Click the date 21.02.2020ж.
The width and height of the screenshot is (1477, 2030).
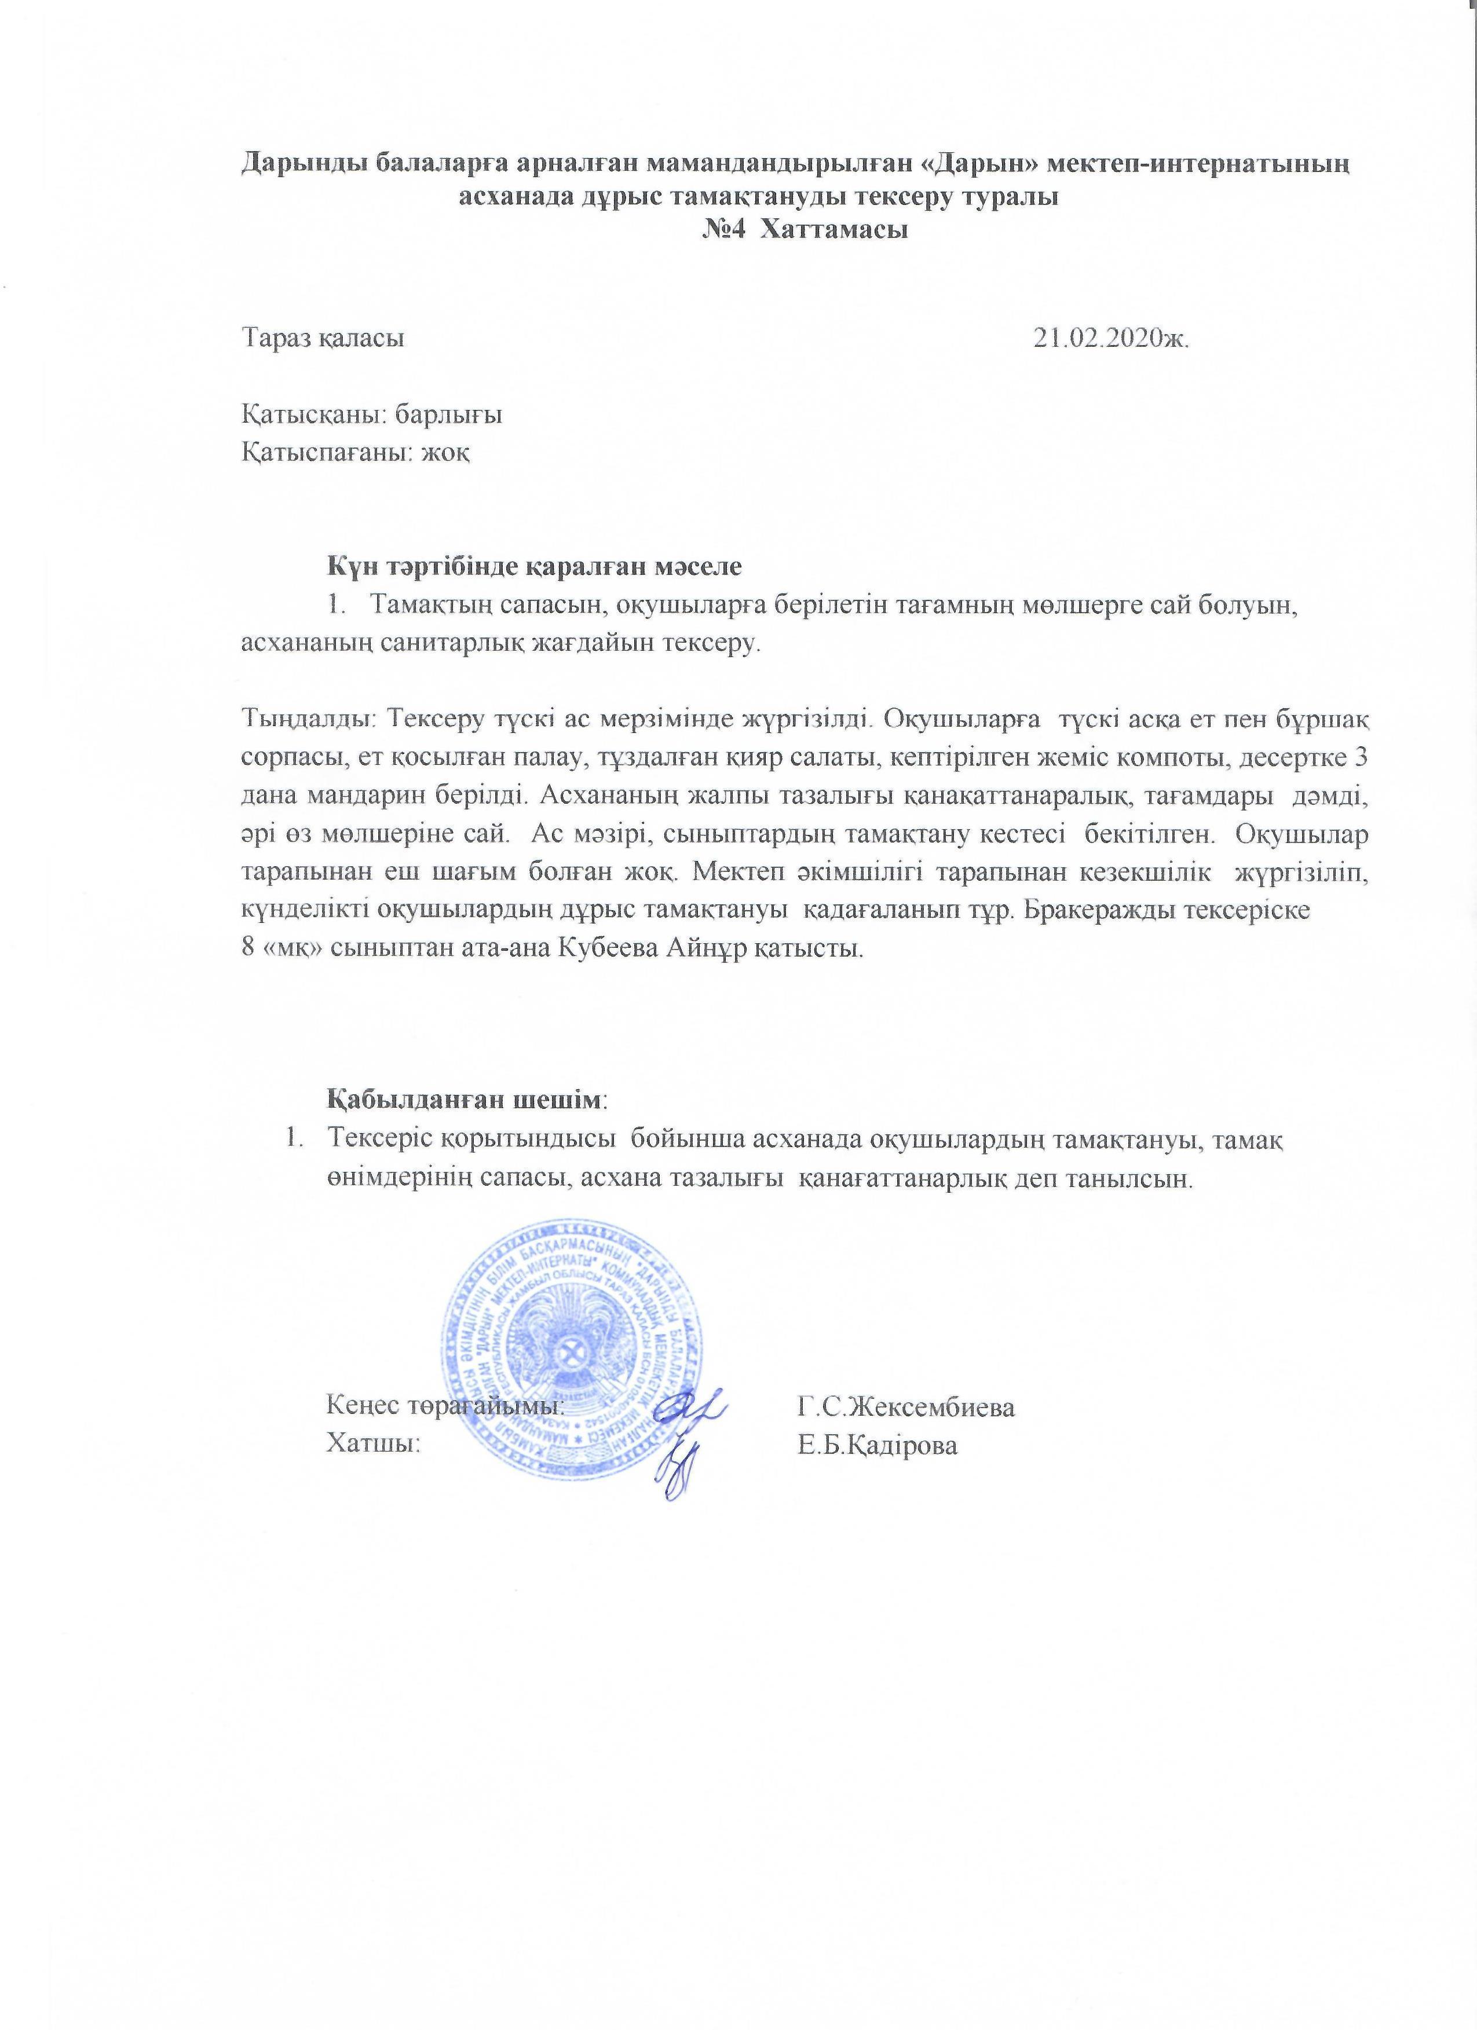[x=1111, y=338]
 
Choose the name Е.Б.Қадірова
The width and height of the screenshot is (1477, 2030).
[x=878, y=1446]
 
